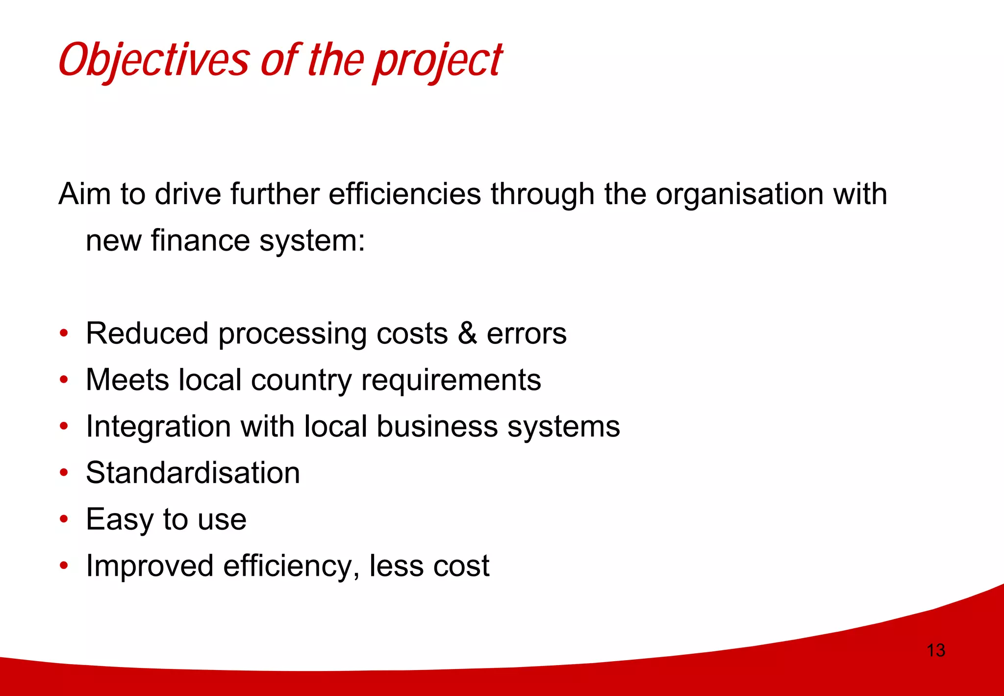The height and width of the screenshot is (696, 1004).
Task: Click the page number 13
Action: pyautogui.click(x=935, y=650)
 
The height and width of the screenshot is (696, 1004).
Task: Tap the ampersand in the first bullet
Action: pyautogui.click(x=467, y=334)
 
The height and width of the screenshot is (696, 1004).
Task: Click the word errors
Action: pyautogui.click(x=527, y=334)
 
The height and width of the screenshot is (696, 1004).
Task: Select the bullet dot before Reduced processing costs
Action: pyautogui.click(x=63, y=334)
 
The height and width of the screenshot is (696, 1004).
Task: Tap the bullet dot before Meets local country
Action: pyautogui.click(x=63, y=380)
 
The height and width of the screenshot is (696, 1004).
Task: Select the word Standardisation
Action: pyautogui.click(x=193, y=473)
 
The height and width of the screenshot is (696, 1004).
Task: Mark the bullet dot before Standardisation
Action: pyautogui.click(x=63, y=473)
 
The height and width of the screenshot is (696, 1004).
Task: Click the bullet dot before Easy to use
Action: pyautogui.click(x=63, y=519)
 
